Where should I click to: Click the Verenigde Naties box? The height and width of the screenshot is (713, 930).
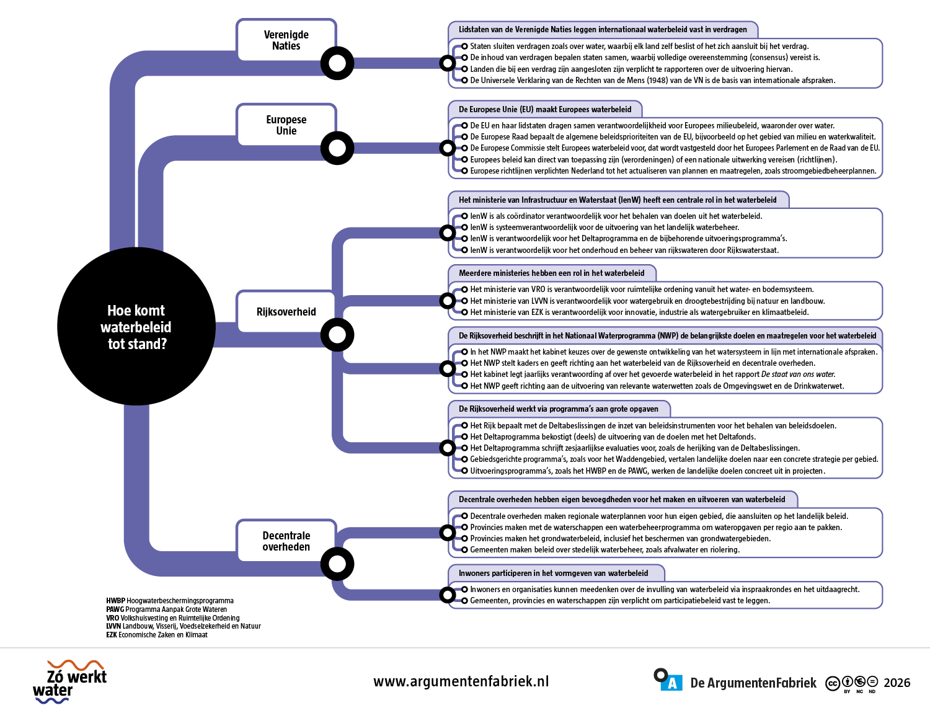click(x=286, y=40)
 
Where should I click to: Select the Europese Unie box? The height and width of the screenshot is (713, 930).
click(x=286, y=125)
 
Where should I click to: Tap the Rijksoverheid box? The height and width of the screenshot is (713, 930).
click(x=286, y=311)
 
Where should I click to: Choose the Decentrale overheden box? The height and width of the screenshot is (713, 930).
click(x=286, y=541)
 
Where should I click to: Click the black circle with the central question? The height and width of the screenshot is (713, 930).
click(x=136, y=326)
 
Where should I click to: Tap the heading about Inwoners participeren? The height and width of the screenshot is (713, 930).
click(x=553, y=573)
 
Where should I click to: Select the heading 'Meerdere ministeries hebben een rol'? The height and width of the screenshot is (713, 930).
click(x=551, y=273)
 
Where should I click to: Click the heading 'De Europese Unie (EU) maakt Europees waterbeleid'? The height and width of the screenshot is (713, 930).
click(x=545, y=109)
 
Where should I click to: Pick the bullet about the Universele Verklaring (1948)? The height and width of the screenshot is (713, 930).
click(x=652, y=80)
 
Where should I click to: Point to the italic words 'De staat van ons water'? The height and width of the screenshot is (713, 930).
click(x=798, y=374)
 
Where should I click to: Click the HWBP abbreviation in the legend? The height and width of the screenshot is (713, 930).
click(x=115, y=600)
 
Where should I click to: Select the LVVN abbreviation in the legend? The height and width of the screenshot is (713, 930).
click(x=113, y=626)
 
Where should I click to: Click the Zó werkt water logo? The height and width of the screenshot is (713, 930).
click(x=70, y=682)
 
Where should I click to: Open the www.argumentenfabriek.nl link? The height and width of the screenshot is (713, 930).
click(x=461, y=681)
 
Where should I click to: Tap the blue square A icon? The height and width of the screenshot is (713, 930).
click(x=671, y=683)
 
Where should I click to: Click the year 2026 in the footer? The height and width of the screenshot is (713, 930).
click(x=897, y=683)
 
